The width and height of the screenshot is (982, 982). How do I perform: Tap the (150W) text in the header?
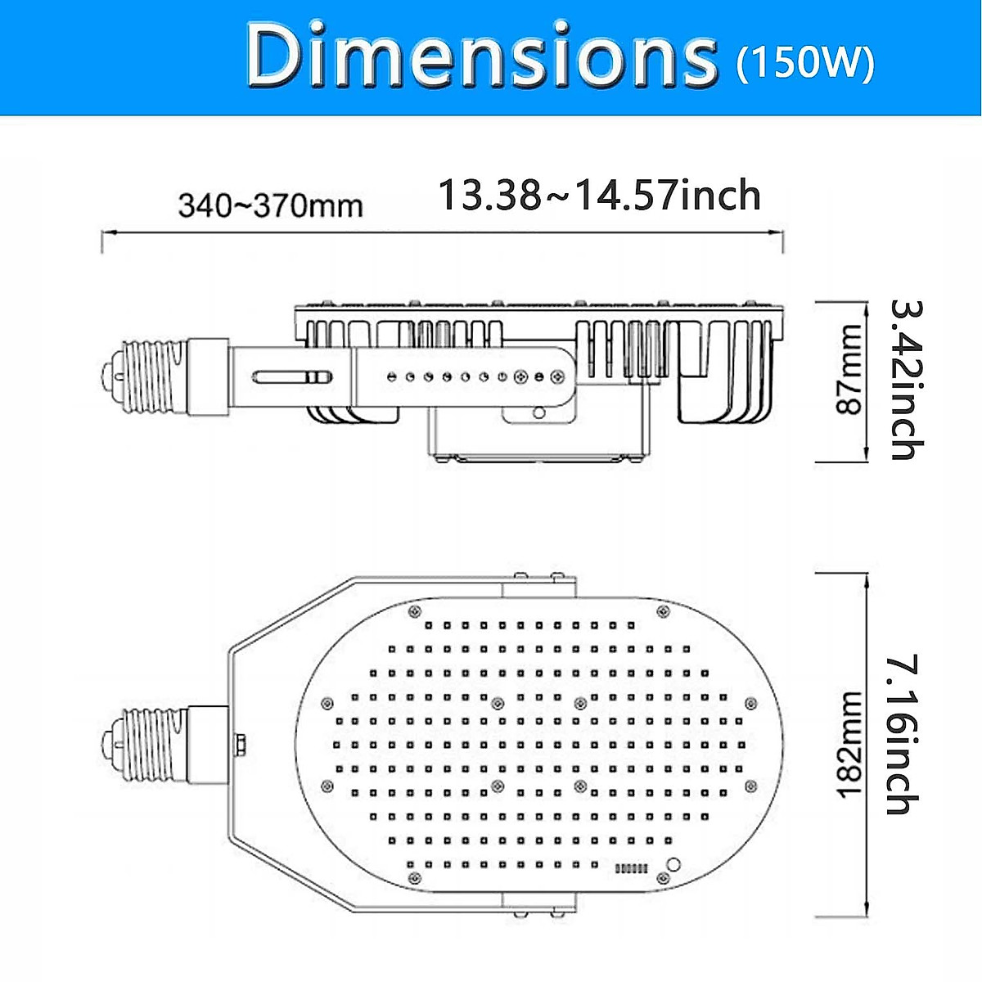805,62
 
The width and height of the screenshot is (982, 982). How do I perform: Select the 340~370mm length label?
271,205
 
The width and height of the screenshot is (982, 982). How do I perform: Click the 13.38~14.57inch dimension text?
600,196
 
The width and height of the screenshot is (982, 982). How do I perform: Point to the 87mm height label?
849,370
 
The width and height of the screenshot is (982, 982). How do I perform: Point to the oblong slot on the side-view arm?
291,377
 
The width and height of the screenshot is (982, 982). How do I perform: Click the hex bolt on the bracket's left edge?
241,745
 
